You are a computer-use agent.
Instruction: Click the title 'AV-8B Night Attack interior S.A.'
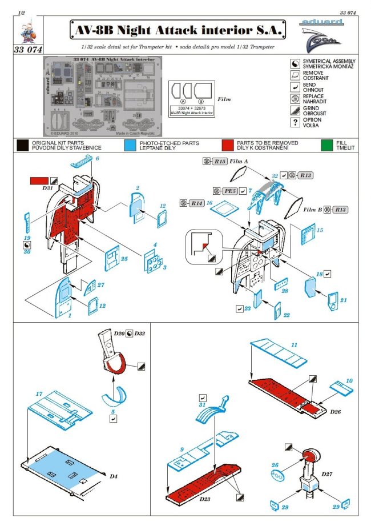(x=178, y=30)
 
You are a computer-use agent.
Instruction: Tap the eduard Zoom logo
(x=321, y=33)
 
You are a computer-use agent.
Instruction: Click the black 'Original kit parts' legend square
(x=23, y=145)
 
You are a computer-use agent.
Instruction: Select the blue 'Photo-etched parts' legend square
(x=131, y=145)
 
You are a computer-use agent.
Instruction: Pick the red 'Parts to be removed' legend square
(x=227, y=145)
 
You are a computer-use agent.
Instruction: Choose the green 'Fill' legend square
(x=326, y=145)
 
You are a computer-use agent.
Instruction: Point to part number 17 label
(x=39, y=394)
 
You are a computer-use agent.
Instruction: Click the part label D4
(x=112, y=473)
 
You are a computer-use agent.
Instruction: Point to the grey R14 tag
(x=197, y=203)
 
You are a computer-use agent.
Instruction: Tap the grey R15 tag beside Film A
(x=220, y=162)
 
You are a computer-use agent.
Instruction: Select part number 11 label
(x=294, y=346)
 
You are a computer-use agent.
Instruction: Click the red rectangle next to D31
(x=38, y=181)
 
